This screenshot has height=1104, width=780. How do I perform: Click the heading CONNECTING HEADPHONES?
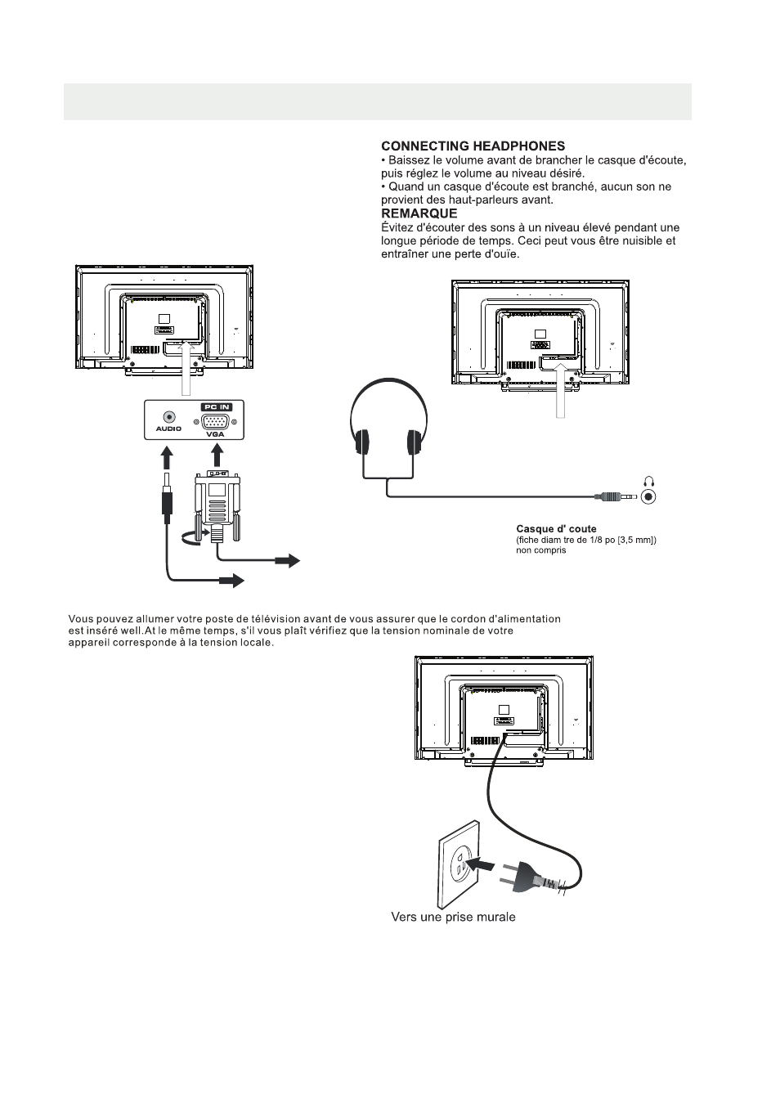pos(473,146)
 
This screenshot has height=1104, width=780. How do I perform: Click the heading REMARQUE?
pos(419,213)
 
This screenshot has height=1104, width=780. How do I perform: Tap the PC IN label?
pos(217,406)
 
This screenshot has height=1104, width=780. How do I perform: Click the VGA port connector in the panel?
pos(216,421)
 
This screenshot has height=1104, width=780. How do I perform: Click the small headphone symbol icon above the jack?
pos(649,482)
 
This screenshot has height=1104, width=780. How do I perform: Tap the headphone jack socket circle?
pos(649,496)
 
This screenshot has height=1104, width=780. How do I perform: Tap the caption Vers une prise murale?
pos(453,917)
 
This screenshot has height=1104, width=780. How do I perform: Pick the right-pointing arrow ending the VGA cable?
pos(287,560)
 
